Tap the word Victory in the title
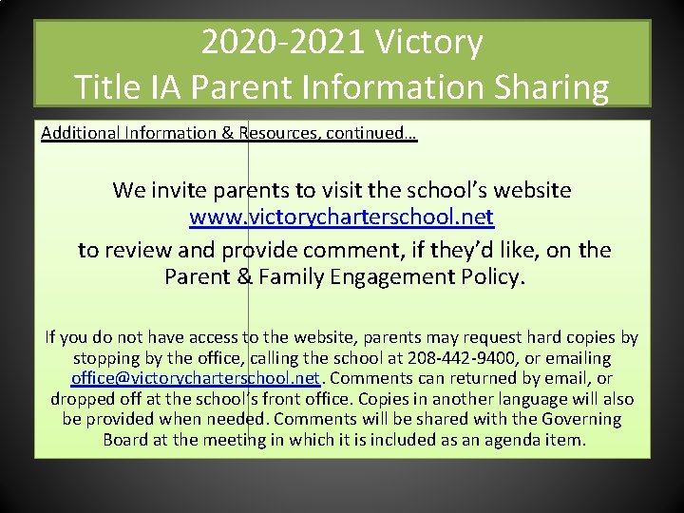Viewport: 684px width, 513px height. [x=429, y=43]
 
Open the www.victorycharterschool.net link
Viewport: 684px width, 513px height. [x=342, y=218]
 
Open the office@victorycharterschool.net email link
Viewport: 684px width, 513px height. [x=195, y=378]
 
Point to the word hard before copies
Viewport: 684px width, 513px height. [x=543, y=337]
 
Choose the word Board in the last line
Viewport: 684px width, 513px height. [x=125, y=440]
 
